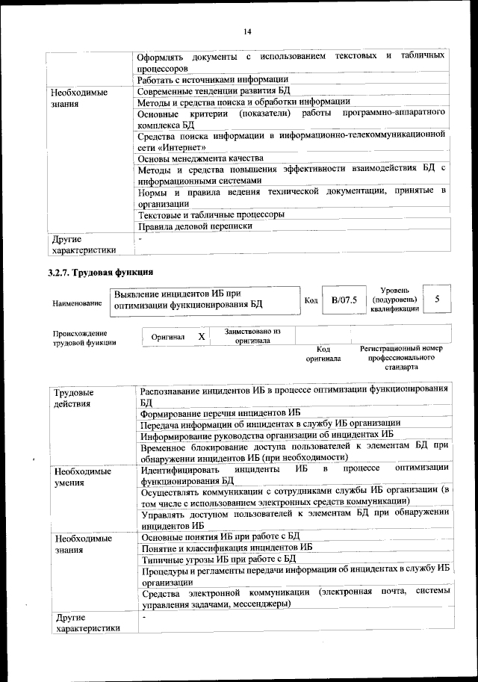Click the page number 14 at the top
coord(247,30)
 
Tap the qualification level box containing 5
coord(437,299)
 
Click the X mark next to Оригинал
coord(201,337)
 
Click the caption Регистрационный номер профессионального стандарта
coord(401,358)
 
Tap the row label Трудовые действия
coord(73,397)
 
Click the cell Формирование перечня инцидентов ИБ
coord(220,412)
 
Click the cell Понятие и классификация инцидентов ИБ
coord(226,547)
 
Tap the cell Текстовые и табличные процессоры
coord(211,214)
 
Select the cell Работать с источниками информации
coord(214,79)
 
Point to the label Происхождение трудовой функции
coord(80,338)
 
